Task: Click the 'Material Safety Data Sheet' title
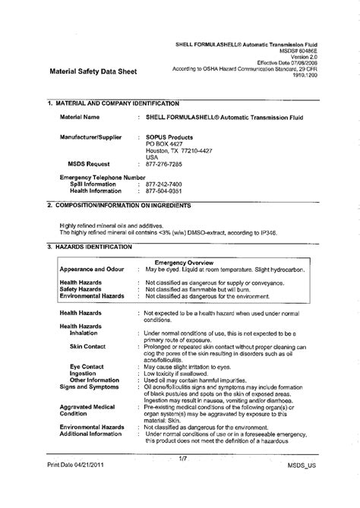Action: [x=92, y=73]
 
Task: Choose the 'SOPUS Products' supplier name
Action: [x=169, y=137]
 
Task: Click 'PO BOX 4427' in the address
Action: [x=165, y=144]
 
